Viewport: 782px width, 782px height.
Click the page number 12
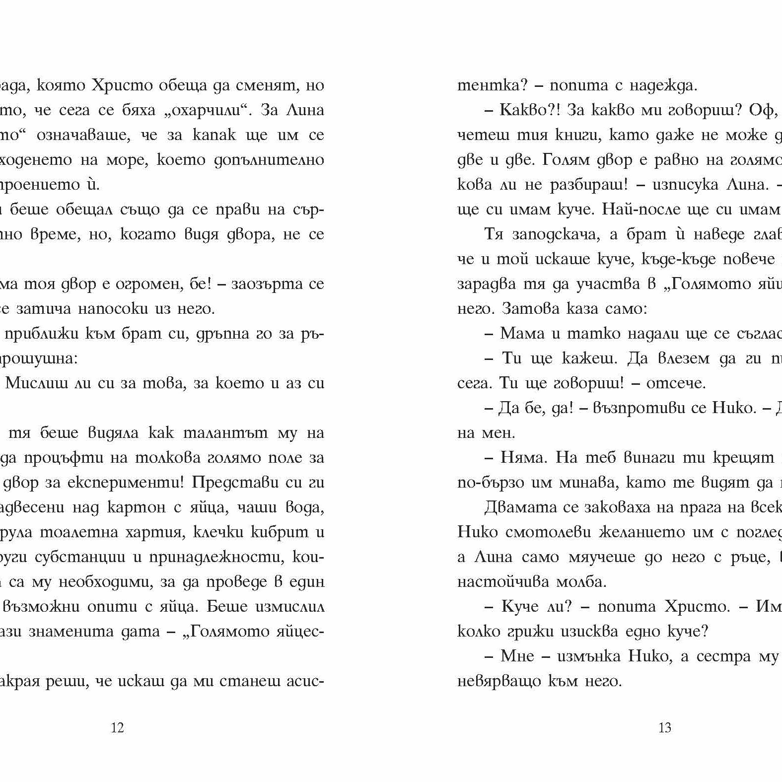click(117, 728)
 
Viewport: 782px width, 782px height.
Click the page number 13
click(664, 728)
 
